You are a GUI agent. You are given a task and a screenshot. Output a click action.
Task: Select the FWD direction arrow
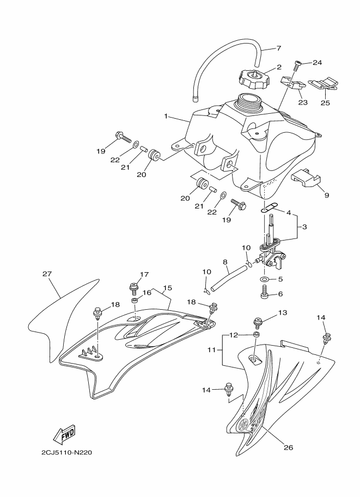64,435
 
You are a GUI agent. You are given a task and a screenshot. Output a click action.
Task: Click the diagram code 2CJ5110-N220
65,452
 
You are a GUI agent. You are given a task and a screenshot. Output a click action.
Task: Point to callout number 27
46,274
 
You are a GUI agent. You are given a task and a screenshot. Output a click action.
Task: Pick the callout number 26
289,448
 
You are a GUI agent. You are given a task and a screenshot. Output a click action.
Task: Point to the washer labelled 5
264,280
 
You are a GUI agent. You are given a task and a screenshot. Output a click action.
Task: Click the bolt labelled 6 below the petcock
265,294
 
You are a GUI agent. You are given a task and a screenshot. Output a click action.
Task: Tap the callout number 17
144,274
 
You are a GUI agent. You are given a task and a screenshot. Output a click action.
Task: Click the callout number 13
282,313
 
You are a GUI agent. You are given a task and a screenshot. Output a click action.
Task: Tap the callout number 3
304,226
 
